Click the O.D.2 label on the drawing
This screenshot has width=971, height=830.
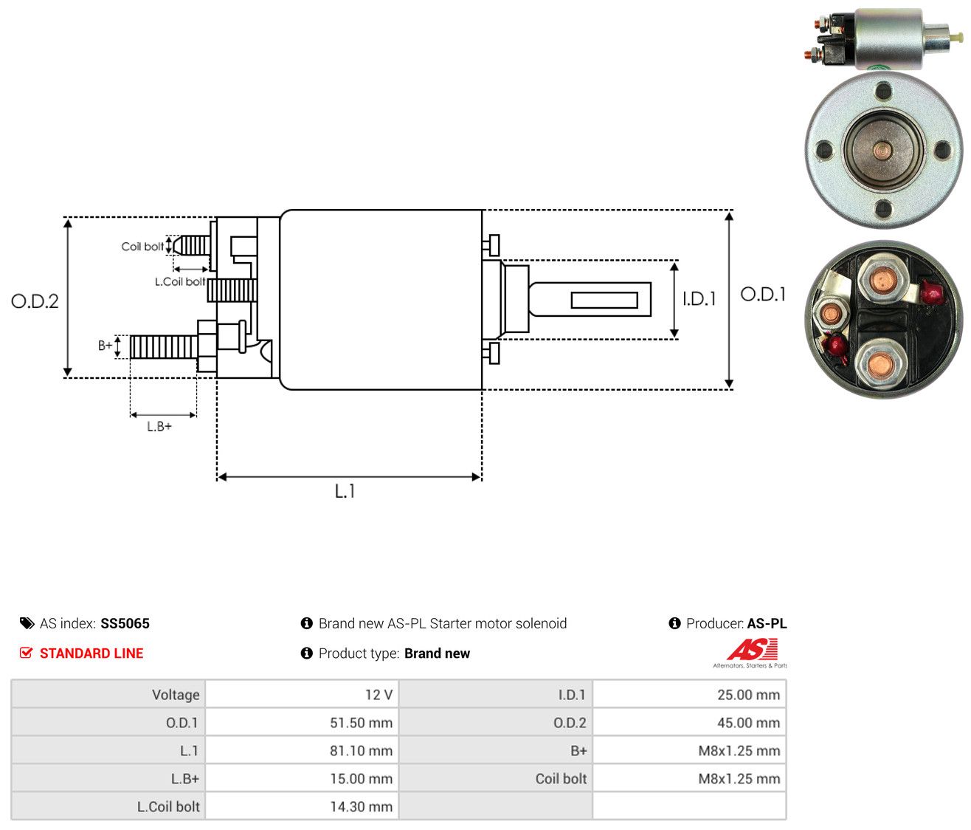[x=35, y=301]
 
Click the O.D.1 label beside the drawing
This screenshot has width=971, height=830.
[x=763, y=295]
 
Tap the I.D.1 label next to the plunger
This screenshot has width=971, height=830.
[x=699, y=298]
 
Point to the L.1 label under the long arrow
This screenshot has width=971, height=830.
[x=345, y=491]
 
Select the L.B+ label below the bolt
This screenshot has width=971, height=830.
[x=159, y=427]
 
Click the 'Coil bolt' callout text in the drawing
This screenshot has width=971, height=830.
[x=142, y=247]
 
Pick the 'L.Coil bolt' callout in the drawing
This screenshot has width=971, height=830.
[x=180, y=281]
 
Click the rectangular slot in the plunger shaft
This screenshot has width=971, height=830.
[x=604, y=300]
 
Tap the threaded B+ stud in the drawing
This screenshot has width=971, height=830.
[x=164, y=347]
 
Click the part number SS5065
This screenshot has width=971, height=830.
[x=125, y=623]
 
